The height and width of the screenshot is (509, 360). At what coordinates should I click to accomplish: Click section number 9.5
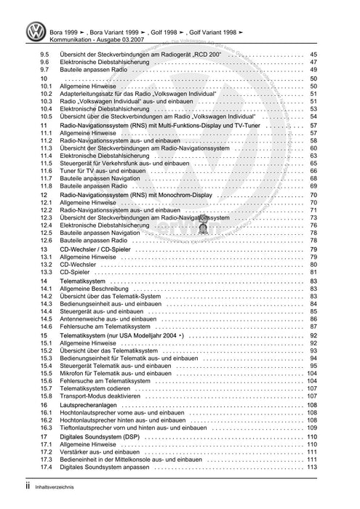click(45, 56)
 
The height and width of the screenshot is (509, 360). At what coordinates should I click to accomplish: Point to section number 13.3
click(47, 272)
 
